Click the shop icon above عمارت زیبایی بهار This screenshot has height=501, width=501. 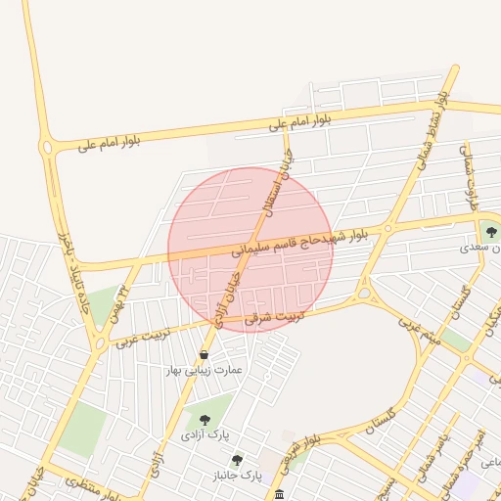tap(204, 354)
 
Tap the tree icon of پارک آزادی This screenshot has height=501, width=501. tap(205, 419)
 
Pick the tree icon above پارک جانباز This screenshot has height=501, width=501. tap(236, 460)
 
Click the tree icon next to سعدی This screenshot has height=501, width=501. tap(490, 232)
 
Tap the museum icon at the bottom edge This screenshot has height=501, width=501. tap(280, 494)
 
